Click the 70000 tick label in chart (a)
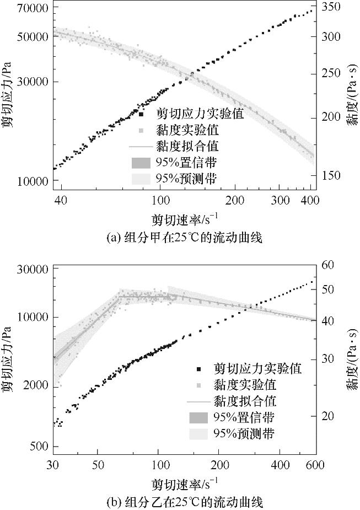[32, 8]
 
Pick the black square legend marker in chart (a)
[141, 115]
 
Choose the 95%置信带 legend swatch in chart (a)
[141, 163]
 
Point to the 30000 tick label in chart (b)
[32, 270]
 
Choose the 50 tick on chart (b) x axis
[98, 464]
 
